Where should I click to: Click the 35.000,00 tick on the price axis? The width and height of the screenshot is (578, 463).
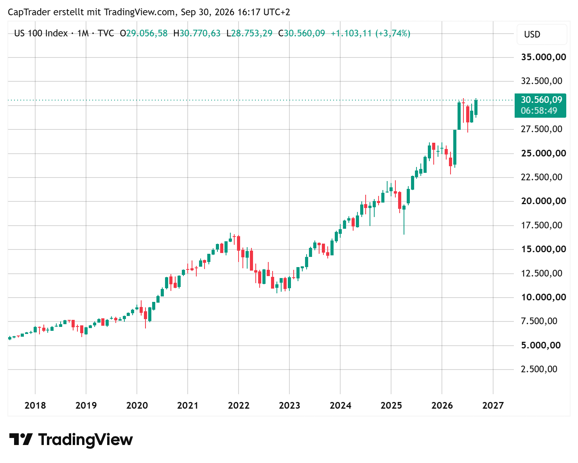coord(543,57)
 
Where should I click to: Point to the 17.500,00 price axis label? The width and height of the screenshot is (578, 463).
coord(541,225)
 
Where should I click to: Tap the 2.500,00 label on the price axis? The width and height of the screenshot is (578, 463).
coord(539,369)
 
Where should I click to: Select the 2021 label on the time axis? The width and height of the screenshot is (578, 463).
coord(187,405)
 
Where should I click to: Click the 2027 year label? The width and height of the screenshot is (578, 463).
coord(493,405)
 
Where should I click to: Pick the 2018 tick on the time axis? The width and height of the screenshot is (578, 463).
coord(35,405)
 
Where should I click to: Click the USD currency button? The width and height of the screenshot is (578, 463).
coord(542,34)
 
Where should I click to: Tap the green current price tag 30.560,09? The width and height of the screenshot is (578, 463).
coord(541,100)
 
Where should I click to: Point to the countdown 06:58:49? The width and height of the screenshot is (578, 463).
coord(539,111)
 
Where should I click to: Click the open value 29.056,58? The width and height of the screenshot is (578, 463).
coord(147,33)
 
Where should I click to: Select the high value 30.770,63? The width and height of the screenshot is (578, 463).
coord(200,33)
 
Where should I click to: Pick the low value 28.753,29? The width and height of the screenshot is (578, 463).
coord(252,33)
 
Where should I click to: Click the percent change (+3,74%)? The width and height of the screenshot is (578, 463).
coord(393,33)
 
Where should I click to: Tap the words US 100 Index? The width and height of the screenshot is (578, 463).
coord(41,33)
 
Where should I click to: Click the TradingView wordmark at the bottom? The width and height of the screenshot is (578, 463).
coord(71,440)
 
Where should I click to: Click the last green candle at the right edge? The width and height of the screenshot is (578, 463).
coord(476,108)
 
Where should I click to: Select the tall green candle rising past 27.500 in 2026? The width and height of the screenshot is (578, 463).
coord(455,147)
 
